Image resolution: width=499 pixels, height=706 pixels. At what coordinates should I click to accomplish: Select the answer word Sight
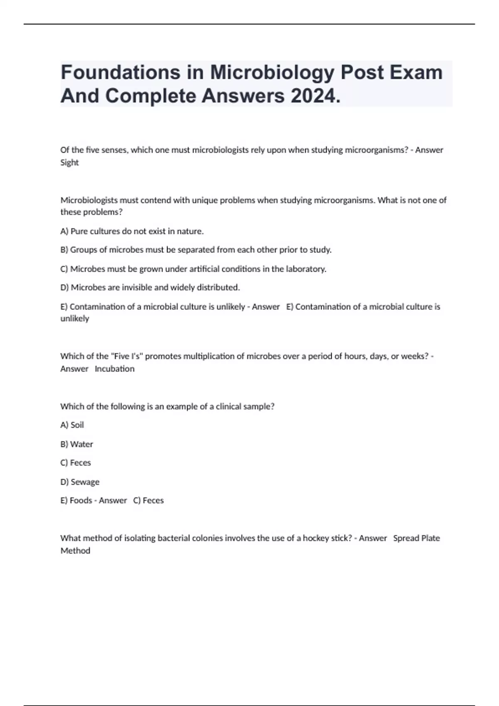[x=69, y=163]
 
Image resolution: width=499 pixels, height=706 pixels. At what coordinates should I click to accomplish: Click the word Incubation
[x=114, y=369]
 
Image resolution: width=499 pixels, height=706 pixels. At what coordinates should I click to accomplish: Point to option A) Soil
[x=72, y=425]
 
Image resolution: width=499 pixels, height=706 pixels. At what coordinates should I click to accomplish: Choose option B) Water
[x=77, y=444]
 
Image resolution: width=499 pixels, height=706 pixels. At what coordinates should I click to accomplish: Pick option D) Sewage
[x=80, y=482]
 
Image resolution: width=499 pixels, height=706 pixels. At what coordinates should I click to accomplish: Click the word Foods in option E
[x=81, y=500]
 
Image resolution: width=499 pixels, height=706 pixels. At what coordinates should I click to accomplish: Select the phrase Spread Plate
[x=416, y=538]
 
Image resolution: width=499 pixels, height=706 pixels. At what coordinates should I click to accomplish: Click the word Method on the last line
[x=75, y=551]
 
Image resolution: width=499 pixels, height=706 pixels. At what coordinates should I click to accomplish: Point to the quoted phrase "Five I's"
[x=126, y=356]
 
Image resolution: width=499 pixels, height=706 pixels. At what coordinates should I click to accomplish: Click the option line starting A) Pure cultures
[x=132, y=231]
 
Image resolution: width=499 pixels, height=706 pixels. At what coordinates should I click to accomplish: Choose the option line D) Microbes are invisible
[x=150, y=287]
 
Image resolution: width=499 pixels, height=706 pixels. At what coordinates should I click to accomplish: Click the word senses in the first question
[x=114, y=150]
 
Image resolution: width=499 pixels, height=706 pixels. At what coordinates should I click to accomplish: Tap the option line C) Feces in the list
[x=75, y=463]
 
